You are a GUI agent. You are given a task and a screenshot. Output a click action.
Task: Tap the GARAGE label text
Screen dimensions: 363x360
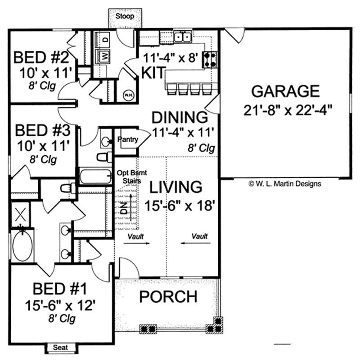[x=285, y=91]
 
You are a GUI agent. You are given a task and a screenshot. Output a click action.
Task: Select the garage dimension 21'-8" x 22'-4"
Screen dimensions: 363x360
[x=285, y=109]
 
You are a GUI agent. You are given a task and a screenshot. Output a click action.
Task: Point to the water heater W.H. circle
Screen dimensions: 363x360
[x=128, y=95]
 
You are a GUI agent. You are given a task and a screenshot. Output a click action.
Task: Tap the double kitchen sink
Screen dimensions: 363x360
[x=183, y=37]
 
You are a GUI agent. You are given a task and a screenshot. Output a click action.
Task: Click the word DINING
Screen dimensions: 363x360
[x=180, y=117]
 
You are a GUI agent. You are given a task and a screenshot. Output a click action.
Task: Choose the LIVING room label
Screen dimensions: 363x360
[x=175, y=187]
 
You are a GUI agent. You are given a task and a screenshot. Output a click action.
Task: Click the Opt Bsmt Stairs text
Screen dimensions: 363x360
[x=130, y=176]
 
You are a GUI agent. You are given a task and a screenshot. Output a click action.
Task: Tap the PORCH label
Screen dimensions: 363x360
[x=167, y=297]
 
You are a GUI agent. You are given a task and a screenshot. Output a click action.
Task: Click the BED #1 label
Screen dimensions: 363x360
[x=60, y=287]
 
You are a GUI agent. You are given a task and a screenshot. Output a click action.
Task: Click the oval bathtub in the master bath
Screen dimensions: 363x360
[x=22, y=245]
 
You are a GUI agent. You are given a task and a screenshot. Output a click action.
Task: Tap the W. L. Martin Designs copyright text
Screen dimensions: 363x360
[x=284, y=184]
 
